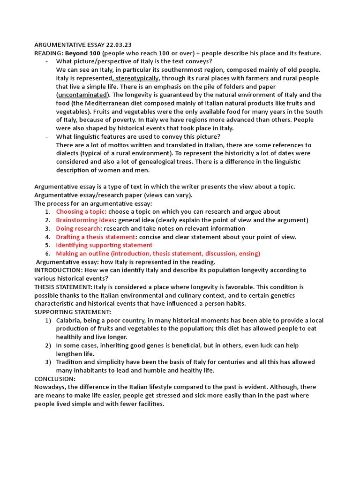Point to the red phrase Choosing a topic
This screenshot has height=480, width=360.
[x=81, y=212]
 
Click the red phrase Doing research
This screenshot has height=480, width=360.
[x=78, y=229]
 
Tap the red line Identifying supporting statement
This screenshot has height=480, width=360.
[x=104, y=245]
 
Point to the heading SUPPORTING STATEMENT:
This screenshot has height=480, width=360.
[x=73, y=312]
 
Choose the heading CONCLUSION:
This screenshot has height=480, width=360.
[x=55, y=379]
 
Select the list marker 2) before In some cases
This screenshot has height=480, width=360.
[x=48, y=345]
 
